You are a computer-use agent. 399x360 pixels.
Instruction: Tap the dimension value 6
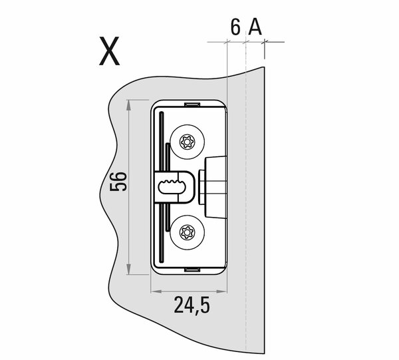(235, 28)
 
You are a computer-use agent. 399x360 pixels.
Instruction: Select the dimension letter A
(254, 28)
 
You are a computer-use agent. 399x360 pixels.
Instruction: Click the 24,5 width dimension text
(192, 305)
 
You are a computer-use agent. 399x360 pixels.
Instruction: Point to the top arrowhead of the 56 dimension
(128, 104)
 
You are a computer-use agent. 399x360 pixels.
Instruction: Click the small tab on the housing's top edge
(190, 104)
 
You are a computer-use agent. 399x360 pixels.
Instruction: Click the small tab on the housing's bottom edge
(190, 270)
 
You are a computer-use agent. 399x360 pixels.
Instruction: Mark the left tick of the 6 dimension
(227, 42)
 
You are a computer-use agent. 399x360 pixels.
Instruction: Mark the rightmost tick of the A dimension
(265, 42)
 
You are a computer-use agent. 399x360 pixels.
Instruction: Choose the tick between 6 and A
(246, 42)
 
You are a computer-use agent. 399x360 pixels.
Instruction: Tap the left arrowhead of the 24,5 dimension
(155, 291)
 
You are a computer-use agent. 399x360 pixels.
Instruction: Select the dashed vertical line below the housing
(246, 313)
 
